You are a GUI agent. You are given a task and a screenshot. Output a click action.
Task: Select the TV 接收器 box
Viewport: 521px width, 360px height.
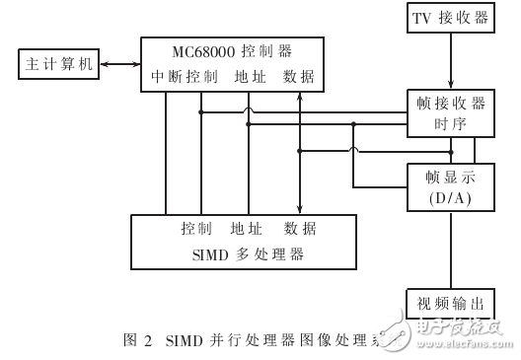pos(451,18)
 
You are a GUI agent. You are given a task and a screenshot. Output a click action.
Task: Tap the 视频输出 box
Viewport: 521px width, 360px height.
pos(452,302)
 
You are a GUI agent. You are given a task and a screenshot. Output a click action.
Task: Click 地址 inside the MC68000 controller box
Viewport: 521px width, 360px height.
pos(250,76)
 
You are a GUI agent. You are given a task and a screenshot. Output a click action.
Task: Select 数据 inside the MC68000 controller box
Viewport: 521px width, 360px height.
pos(300,76)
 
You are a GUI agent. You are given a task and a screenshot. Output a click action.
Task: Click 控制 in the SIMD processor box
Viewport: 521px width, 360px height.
pos(196,229)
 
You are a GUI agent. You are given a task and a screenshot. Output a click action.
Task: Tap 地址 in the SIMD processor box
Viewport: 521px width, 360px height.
pos(245,229)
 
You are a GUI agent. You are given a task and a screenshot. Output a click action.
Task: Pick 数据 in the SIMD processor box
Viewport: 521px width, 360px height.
pos(300,229)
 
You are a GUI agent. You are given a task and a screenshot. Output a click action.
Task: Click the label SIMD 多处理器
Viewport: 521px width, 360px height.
pos(243,255)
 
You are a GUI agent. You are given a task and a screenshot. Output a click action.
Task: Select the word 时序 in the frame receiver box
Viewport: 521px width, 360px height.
pos(450,124)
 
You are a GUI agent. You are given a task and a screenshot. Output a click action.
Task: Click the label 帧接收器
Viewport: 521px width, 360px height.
pos(450,103)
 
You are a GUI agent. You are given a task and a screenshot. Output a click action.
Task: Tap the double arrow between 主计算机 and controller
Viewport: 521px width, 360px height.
pos(117,65)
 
